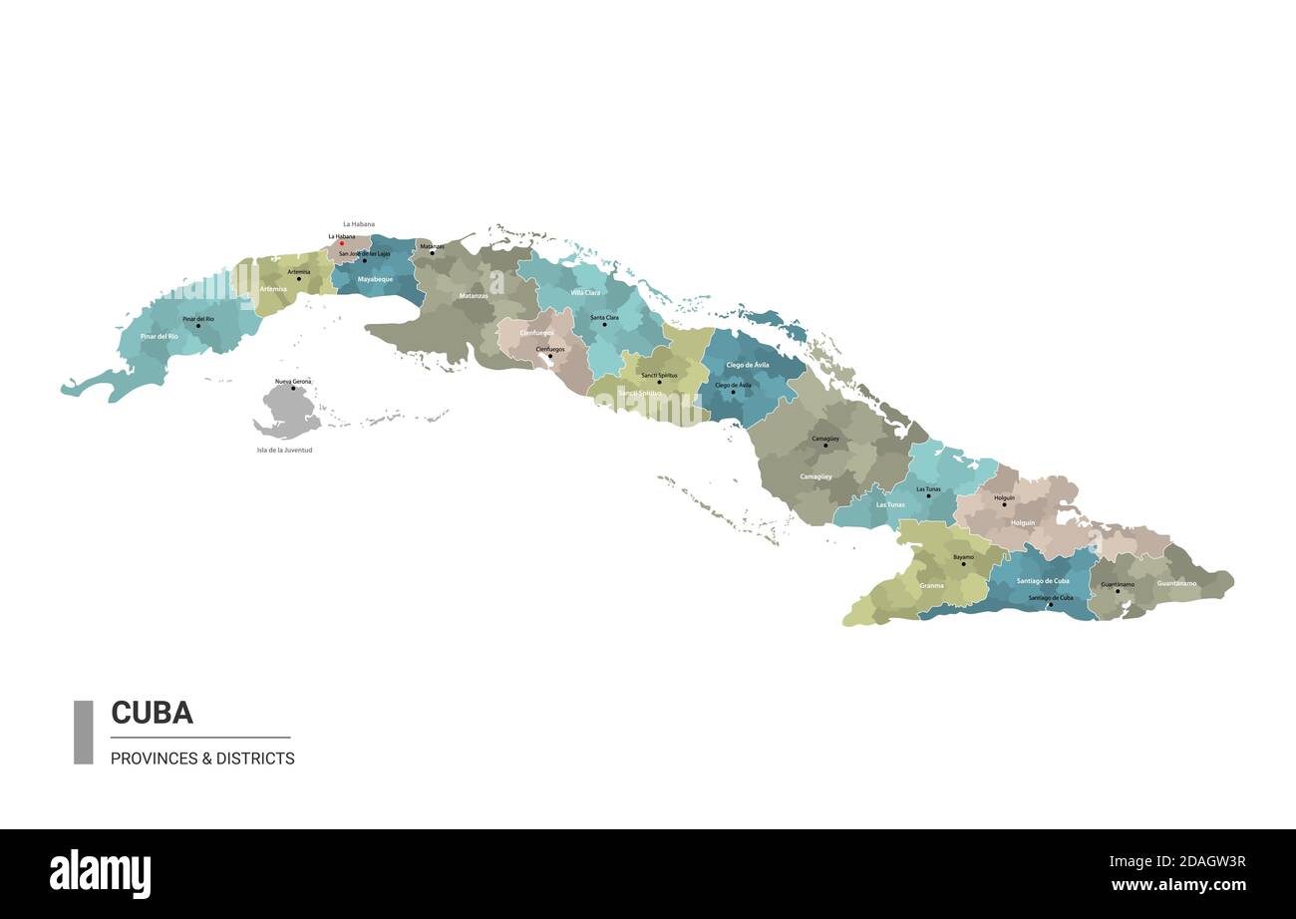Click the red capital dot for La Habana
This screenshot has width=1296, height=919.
click(x=342, y=243)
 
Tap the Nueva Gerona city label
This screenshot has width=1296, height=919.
click(x=293, y=382)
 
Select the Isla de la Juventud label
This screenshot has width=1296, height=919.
click(x=284, y=451)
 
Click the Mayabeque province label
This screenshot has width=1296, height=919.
click(x=375, y=279)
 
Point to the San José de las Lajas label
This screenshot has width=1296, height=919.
click(x=365, y=254)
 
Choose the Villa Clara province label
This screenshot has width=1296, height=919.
click(x=585, y=293)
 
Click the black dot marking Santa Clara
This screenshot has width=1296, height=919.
click(x=604, y=325)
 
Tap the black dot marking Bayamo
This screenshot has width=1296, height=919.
click(x=963, y=564)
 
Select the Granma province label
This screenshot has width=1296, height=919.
click(x=931, y=586)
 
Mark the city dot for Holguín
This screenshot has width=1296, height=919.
click(x=1004, y=504)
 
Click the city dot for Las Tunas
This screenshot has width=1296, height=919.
click(x=928, y=495)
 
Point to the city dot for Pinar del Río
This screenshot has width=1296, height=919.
click(x=197, y=325)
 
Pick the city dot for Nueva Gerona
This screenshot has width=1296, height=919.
click(x=293, y=389)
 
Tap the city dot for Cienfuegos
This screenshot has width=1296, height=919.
click(x=549, y=356)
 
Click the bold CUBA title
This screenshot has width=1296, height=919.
click(x=152, y=713)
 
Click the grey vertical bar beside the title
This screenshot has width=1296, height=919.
click(x=83, y=732)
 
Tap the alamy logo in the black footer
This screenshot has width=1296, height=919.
click(x=100, y=874)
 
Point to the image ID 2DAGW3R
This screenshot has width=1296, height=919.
click(x=1197, y=862)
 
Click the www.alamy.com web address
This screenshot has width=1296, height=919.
click(x=1178, y=885)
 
